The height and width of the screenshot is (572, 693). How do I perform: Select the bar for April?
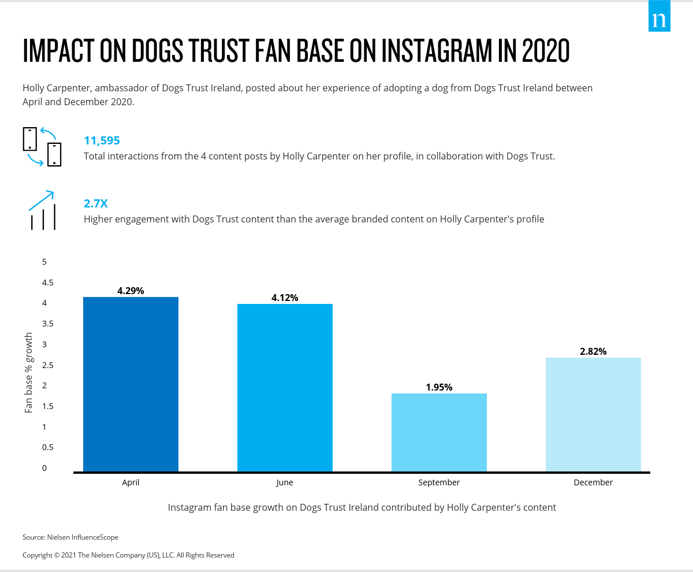(x=131, y=384)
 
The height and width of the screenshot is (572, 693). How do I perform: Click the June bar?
(x=285, y=388)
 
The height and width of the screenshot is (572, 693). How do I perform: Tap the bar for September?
(x=439, y=432)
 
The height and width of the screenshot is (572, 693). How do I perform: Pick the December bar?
(x=593, y=414)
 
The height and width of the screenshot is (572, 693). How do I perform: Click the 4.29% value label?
(x=131, y=291)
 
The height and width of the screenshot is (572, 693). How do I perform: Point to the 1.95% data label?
(x=439, y=387)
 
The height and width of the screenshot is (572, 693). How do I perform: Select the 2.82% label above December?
(x=593, y=351)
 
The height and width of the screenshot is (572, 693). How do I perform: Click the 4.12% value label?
(x=285, y=298)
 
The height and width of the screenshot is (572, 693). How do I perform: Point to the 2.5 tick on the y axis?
(x=47, y=365)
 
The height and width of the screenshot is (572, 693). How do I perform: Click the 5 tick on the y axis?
(x=44, y=262)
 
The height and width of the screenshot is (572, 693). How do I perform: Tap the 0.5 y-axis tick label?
(x=47, y=447)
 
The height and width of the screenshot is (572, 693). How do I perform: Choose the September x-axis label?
(x=439, y=482)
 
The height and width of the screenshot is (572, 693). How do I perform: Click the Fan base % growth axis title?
(x=29, y=373)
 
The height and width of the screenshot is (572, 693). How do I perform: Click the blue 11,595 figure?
(x=102, y=140)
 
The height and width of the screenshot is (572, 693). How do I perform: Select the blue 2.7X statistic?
(x=96, y=203)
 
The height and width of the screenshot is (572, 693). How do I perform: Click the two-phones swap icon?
(x=42, y=147)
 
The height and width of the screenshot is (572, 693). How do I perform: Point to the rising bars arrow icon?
(x=42, y=210)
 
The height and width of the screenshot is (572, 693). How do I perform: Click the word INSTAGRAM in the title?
(x=448, y=51)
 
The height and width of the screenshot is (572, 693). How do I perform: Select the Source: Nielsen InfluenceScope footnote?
(x=70, y=537)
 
